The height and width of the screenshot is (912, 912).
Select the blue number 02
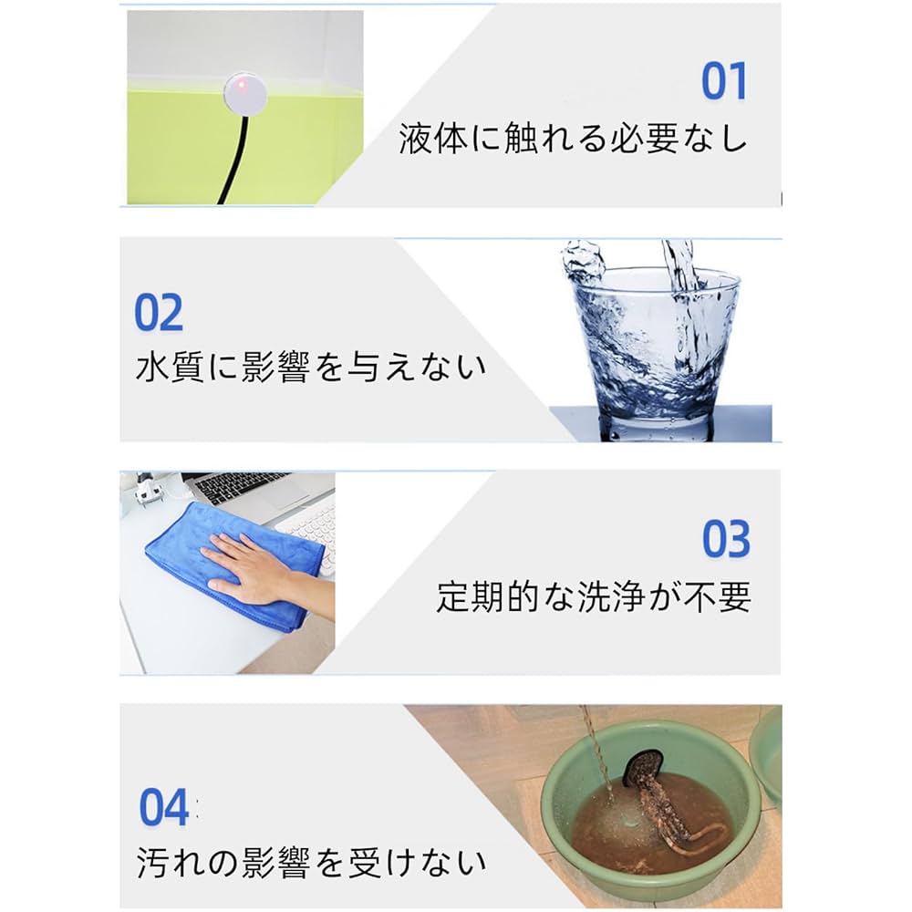click(159, 313)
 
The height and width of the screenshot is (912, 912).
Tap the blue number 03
click(726, 539)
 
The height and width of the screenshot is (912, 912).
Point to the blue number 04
click(164, 807)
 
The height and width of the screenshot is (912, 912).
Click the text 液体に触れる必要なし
click(573, 140)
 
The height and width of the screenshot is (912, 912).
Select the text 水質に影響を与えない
click(310, 368)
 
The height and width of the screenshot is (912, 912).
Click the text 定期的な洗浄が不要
click(593, 596)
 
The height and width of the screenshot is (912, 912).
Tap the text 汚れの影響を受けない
click(310, 862)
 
